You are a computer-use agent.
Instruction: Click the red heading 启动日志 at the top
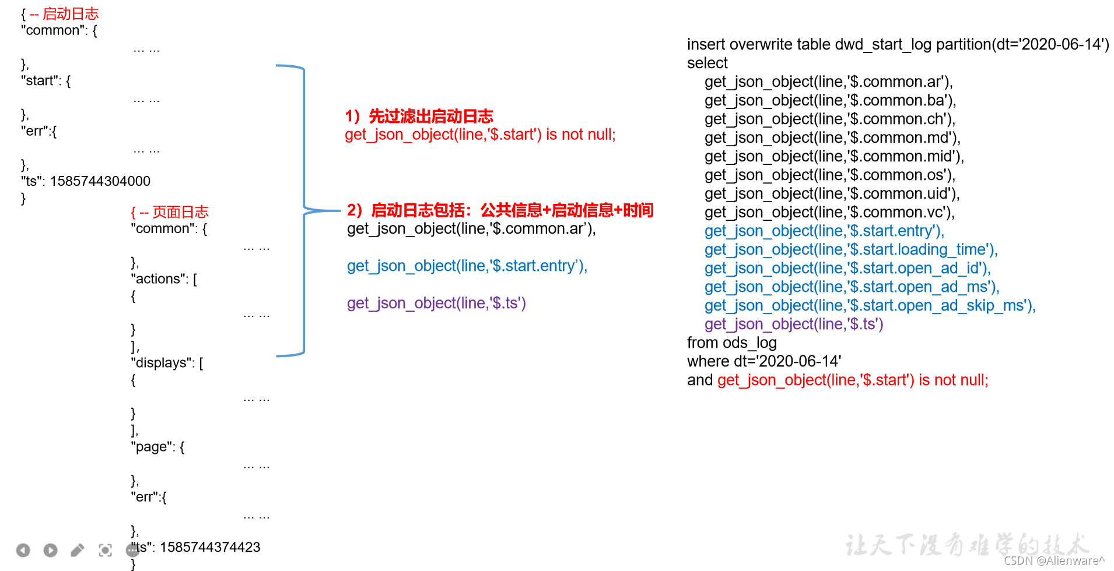point(71,13)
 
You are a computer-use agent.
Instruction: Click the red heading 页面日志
point(180,212)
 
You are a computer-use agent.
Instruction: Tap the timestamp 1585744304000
point(100,181)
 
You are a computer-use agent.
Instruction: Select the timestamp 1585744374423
point(210,547)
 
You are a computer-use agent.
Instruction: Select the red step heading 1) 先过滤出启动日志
point(419,116)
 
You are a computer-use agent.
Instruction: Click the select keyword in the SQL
point(707,63)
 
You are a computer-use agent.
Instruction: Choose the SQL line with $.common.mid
point(834,156)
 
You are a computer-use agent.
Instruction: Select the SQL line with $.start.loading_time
point(851,249)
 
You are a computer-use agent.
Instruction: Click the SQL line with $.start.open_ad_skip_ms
point(870,305)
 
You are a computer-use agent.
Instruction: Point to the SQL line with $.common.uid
point(832,193)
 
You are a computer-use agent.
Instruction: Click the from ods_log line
point(732,343)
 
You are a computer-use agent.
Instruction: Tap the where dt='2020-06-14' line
point(764,361)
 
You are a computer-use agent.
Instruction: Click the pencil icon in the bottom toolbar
point(78,550)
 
